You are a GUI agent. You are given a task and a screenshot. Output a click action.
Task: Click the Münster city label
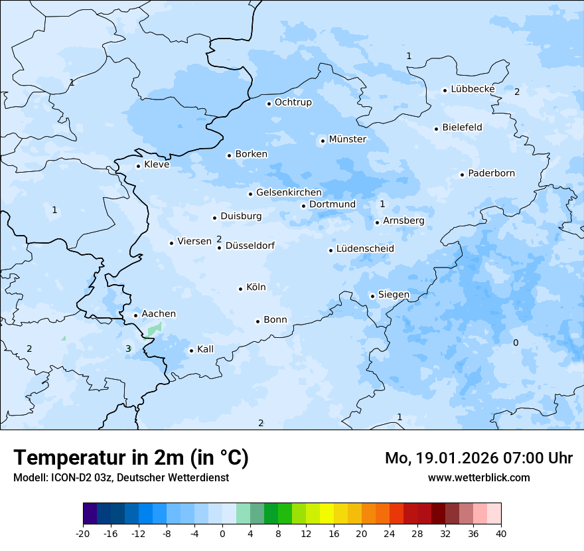click(x=347, y=139)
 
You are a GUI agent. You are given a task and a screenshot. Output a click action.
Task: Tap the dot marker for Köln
click(x=241, y=289)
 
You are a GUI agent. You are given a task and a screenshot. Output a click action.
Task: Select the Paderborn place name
click(x=491, y=173)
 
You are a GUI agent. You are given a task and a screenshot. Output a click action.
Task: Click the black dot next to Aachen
click(x=135, y=316)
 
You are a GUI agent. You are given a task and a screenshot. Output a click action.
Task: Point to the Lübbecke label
click(x=473, y=89)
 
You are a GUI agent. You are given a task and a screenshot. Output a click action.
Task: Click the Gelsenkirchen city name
click(x=289, y=193)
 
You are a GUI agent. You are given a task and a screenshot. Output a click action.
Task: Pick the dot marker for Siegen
click(x=373, y=296)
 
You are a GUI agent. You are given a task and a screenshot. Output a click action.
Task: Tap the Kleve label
click(x=157, y=165)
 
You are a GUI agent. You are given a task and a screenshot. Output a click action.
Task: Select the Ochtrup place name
click(x=293, y=102)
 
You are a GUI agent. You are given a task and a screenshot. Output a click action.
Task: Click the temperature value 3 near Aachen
click(x=128, y=349)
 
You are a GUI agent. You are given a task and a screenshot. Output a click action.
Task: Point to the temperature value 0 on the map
click(x=516, y=343)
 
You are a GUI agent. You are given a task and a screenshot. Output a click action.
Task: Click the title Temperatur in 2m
click(x=131, y=458)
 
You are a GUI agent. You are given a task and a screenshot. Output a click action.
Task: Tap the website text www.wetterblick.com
click(x=478, y=477)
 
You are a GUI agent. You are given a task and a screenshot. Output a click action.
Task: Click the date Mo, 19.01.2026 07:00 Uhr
click(x=478, y=458)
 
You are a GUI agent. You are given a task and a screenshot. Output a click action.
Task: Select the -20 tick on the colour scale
click(x=83, y=534)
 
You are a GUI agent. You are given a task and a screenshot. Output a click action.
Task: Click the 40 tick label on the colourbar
click(x=501, y=534)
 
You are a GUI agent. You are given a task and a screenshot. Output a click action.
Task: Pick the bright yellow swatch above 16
click(x=327, y=514)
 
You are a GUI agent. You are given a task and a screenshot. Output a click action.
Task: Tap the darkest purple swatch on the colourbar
click(x=90, y=514)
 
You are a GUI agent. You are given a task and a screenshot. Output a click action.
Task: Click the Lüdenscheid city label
click(x=364, y=248)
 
